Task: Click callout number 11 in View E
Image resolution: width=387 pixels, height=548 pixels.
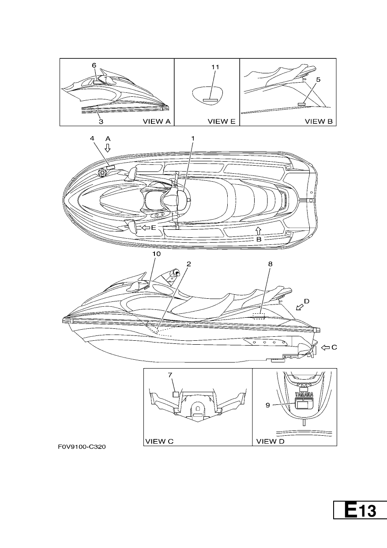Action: coord(215,67)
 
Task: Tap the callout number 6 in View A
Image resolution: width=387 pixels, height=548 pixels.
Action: coord(94,65)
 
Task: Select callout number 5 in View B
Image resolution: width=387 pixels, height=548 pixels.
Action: coord(318,80)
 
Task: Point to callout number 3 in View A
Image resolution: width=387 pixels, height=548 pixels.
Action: coord(101,122)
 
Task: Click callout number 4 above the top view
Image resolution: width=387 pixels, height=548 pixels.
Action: coord(92,138)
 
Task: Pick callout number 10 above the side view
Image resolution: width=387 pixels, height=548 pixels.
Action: coord(157,254)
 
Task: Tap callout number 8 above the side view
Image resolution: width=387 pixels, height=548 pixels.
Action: coord(270,264)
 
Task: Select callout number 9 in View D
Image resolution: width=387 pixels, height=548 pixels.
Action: coord(268,405)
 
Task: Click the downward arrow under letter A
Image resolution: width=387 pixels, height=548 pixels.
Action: coord(108,148)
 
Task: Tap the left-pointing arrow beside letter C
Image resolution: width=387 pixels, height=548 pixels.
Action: coord(325,347)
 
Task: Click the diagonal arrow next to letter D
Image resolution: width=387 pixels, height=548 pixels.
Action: coord(300,307)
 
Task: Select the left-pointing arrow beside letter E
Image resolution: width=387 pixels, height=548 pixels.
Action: coord(146,228)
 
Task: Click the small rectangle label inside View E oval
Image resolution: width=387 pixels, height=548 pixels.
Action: coord(210,100)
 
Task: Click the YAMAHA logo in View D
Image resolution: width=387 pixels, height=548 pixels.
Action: coord(304,394)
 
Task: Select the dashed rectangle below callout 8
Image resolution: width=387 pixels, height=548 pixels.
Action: coord(259,316)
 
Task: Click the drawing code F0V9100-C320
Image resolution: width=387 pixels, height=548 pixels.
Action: coord(82,447)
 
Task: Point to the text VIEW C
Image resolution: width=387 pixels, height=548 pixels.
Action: coord(159,441)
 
